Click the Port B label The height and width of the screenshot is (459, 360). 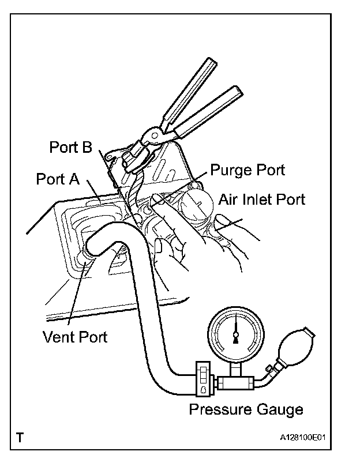70,148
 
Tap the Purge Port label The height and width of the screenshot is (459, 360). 247,170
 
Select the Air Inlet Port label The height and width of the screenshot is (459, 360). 261,200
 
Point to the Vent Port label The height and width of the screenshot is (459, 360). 75,336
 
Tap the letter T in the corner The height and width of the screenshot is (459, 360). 21,437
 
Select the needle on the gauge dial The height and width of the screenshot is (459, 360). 236,333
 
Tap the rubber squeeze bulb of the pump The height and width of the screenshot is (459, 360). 295,347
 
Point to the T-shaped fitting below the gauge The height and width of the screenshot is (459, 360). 236,381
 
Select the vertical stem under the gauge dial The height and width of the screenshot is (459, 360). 236,368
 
